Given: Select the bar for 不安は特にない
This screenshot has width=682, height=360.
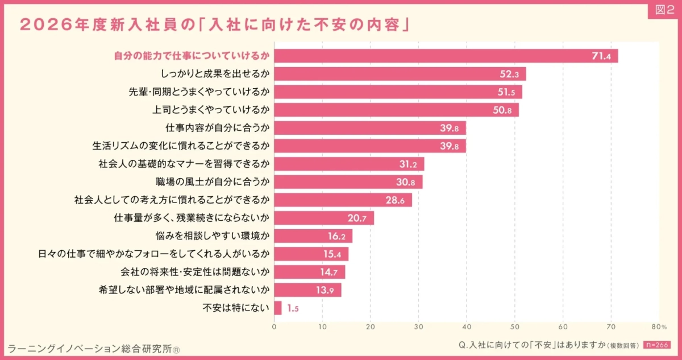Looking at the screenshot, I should pos(277,308).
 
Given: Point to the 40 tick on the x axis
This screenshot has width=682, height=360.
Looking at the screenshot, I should pos(467,326).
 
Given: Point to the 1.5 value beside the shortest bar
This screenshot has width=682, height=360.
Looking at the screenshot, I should pos(293,308).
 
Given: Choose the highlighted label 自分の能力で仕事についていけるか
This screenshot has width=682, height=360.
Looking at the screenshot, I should pos(191,56).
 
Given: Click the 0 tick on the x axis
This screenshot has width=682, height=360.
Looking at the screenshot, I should pos(274,326).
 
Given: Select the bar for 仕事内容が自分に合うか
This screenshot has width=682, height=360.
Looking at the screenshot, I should pos(369,128).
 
